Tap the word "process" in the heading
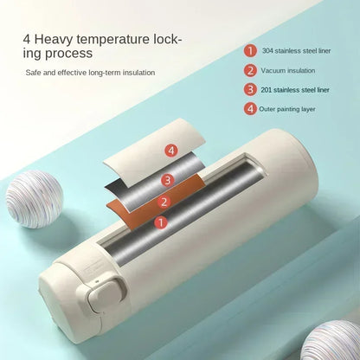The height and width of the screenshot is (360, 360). coord(68,53)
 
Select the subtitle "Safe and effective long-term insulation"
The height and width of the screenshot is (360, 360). coord(90,73)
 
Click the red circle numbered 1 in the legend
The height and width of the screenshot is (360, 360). coord(250,51)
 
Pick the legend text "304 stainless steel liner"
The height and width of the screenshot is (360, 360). coord(296,51)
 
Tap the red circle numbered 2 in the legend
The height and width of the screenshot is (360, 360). coord(250,70)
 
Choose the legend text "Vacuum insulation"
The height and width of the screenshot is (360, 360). coord(288,71)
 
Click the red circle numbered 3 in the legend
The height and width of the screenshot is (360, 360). coord(250,90)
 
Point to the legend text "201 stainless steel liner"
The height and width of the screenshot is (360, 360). coord(295,90)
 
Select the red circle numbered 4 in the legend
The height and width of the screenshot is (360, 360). coord(250,109)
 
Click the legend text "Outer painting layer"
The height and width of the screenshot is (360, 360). coord(287,109)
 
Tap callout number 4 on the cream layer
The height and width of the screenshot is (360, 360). coord(171,151)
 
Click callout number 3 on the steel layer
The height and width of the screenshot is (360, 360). coord(168,180)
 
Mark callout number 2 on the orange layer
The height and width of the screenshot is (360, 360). coord(164,202)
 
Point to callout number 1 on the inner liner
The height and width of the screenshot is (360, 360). coord(161,222)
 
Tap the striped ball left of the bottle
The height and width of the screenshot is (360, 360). coord(35,199)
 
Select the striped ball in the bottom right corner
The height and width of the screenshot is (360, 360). coord(331,340)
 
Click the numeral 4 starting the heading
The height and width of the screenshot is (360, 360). coord(27,39)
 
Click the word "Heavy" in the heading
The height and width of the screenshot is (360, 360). coord(54,40)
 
